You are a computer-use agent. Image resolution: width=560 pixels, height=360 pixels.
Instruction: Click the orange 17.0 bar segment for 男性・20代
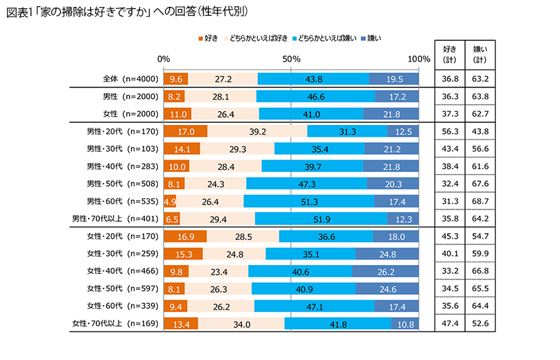point(185,131)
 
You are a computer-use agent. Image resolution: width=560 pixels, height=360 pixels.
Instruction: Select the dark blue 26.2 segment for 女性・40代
point(385,271)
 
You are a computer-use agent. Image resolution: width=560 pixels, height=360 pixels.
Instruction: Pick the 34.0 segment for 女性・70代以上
point(241,323)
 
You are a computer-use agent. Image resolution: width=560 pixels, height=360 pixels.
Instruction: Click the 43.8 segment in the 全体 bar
point(313,79)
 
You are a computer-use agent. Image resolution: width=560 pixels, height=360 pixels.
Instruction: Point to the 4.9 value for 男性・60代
point(170,201)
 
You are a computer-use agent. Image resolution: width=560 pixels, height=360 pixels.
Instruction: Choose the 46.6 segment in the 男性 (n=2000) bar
point(315,96)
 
